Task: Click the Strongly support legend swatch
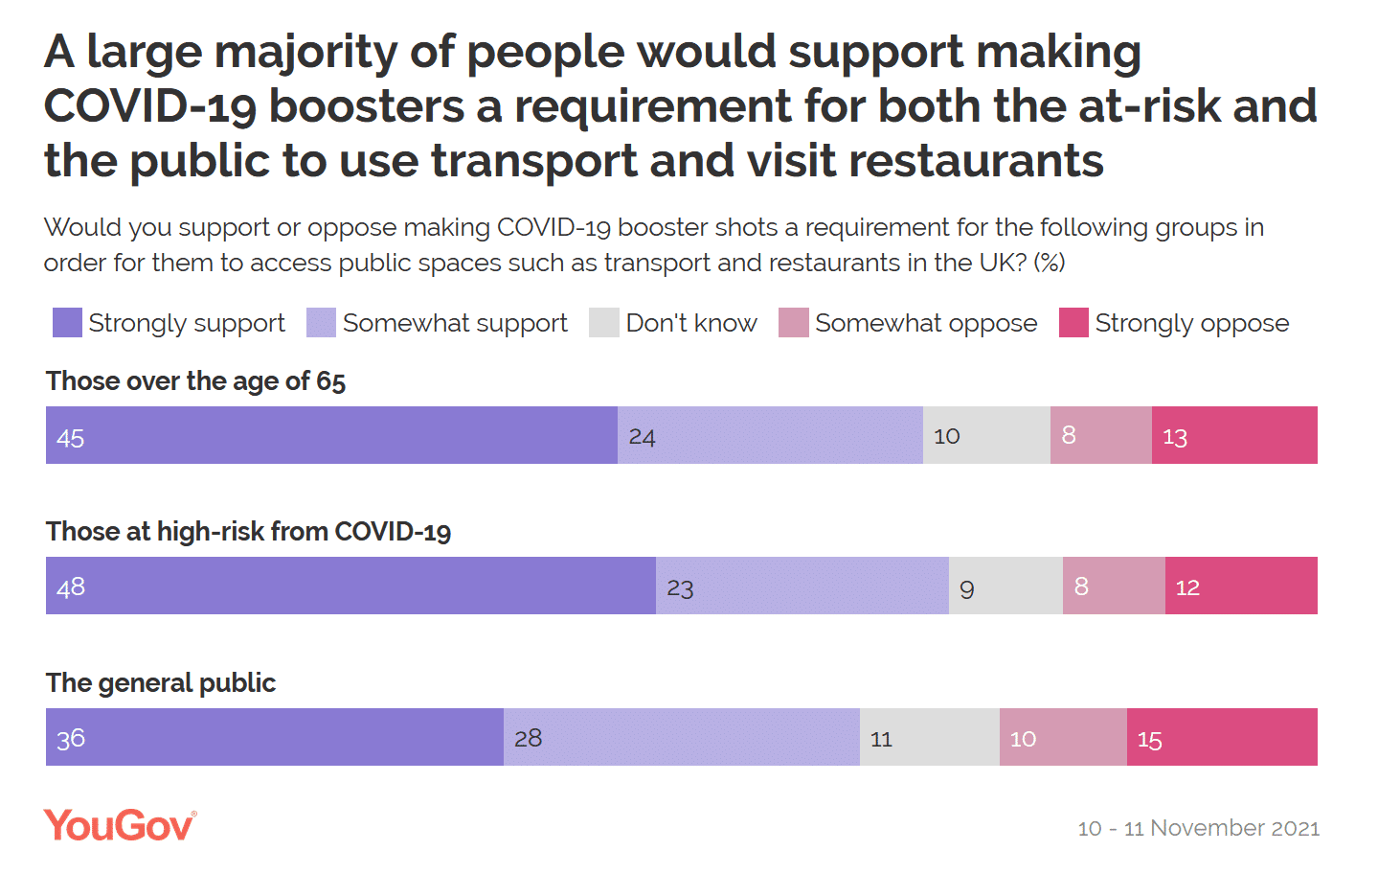pos(67,323)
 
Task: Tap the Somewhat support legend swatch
pos(321,323)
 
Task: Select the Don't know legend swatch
pos(604,323)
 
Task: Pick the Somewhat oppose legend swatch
pos(794,323)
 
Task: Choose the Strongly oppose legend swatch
pos(1073,323)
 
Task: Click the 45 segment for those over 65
pos(331,435)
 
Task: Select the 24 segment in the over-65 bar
pos(770,435)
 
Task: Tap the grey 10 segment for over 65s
pos(986,435)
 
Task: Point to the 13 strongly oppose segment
pos(1234,435)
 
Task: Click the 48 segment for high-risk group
pos(350,586)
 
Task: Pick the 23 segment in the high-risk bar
pos(802,586)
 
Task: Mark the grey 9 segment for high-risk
pos(1005,586)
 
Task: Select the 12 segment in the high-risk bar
pos(1241,586)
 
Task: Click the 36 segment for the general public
pos(275,737)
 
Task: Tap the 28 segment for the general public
pos(682,737)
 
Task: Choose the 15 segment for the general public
pos(1222,737)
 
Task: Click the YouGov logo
pos(120,826)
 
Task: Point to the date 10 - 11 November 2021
pos(1198,828)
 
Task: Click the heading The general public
pos(161,683)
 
